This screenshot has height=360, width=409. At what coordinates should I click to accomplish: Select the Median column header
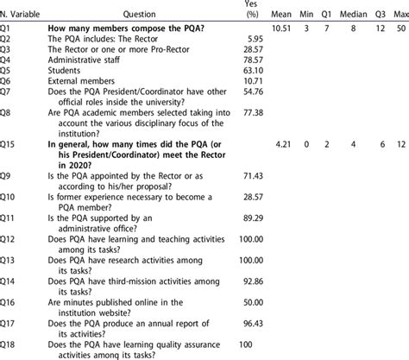pos(349,14)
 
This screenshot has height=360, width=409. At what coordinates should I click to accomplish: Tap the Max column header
pos(398,14)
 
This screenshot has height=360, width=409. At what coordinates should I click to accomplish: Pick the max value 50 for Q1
pos(398,28)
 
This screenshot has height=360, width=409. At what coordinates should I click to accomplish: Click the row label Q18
pos(11,344)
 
